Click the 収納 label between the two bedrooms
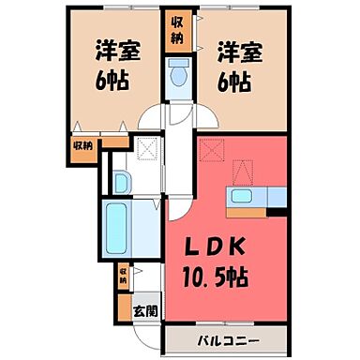click(177, 29)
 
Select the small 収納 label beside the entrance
click(123, 276)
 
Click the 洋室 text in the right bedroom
click(238, 48)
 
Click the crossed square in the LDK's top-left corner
click(212, 151)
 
